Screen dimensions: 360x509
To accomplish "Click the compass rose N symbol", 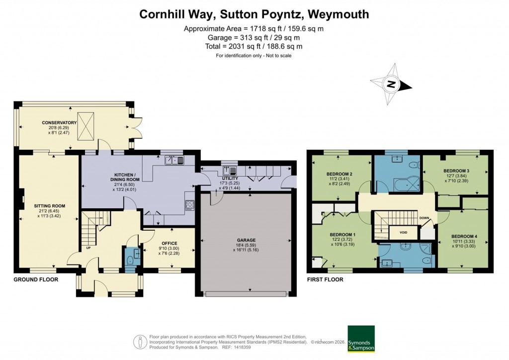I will click(x=391, y=84).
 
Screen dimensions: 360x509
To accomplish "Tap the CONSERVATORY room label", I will click(x=59, y=122).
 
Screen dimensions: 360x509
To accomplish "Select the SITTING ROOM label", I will click(x=50, y=205).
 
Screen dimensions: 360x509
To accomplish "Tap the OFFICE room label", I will click(x=168, y=243).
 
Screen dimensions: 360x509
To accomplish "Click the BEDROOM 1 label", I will click(x=342, y=234).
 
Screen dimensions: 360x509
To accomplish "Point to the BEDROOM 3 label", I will click(x=456, y=170).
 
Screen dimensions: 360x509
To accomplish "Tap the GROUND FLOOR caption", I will click(x=36, y=279).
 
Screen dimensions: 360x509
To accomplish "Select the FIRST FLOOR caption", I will click(x=326, y=279).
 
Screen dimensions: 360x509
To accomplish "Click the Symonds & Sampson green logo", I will click(x=361, y=339).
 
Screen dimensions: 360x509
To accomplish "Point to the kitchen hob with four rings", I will click(x=189, y=204).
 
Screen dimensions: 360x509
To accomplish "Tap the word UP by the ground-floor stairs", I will click(x=89, y=247).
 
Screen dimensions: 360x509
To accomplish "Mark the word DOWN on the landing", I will click(x=424, y=218).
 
